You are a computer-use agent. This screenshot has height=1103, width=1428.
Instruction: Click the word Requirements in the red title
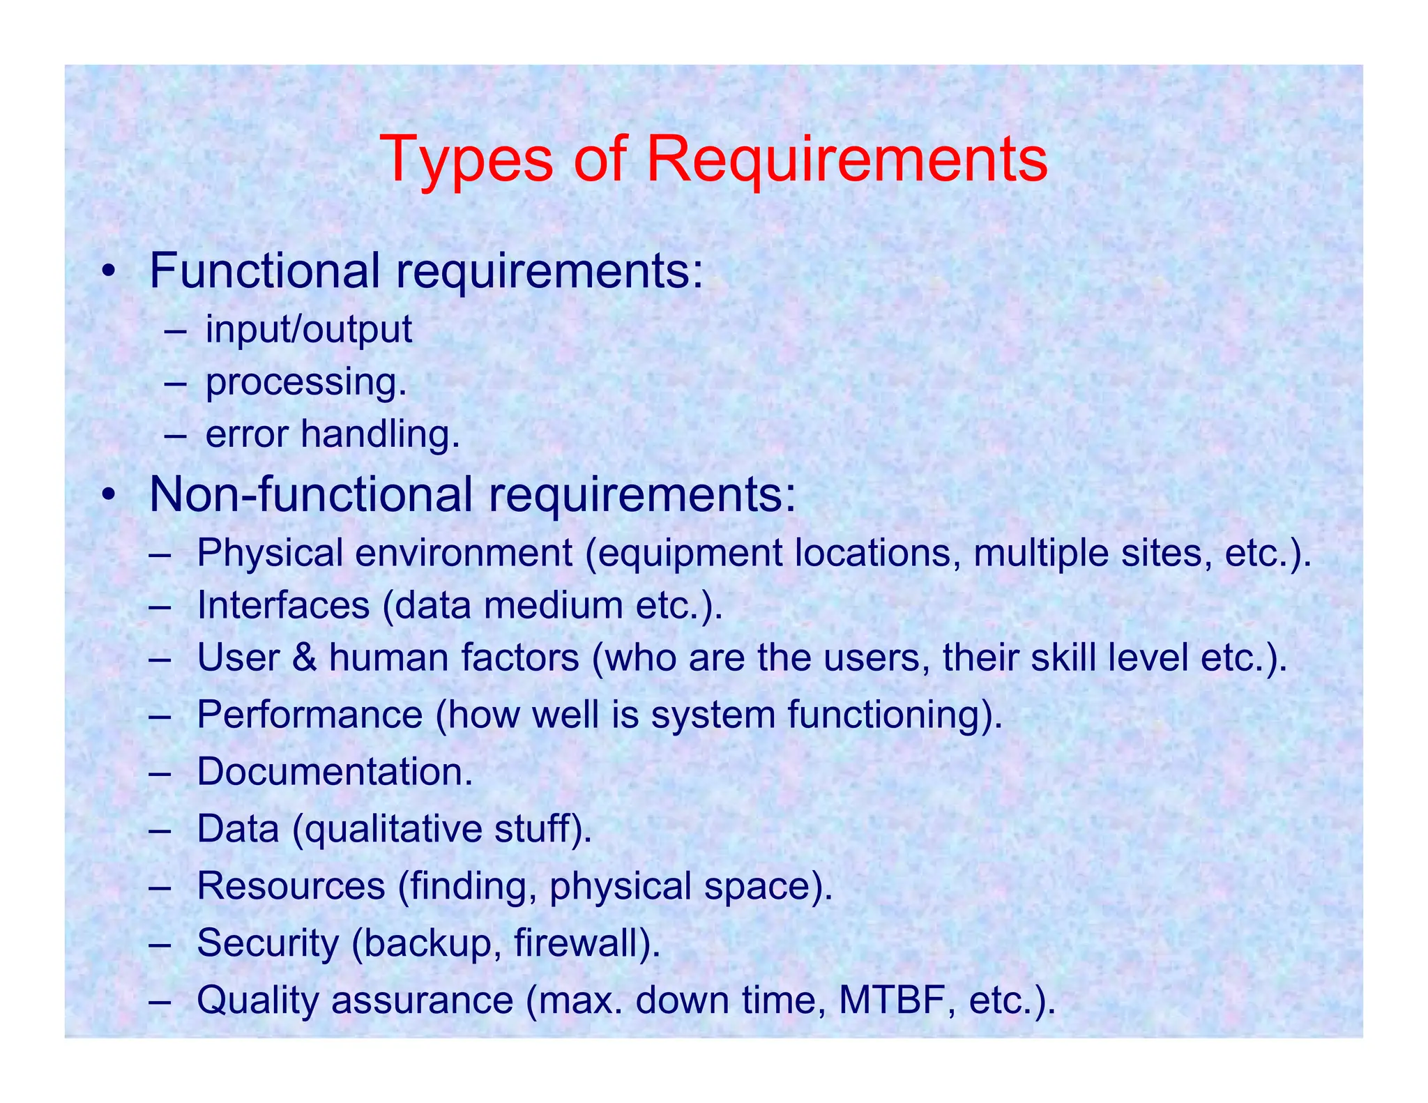click(x=846, y=160)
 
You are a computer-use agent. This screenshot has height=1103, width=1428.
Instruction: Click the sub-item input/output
click(x=308, y=330)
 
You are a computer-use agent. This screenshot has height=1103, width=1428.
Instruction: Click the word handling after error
click(x=380, y=434)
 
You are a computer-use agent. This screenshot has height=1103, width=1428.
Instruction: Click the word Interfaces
click(x=283, y=605)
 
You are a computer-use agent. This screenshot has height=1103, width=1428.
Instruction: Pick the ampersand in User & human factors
click(x=304, y=658)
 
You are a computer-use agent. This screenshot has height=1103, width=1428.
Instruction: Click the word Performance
click(x=310, y=715)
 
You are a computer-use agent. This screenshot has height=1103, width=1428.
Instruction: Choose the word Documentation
click(x=334, y=773)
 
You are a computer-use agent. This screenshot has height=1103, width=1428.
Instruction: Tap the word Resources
click(x=291, y=886)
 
